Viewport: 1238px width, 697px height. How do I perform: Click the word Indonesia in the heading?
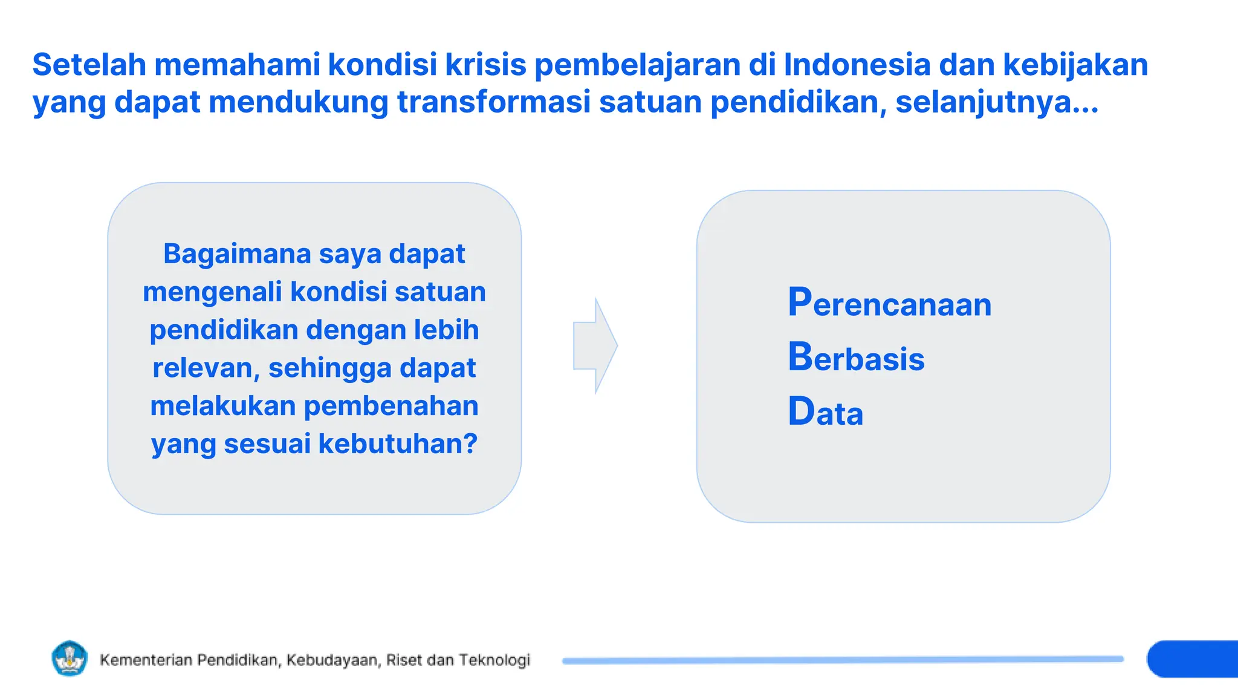pyautogui.click(x=857, y=65)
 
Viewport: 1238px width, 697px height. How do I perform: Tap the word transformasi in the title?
pyautogui.click(x=493, y=102)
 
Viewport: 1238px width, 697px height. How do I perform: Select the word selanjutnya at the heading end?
pyautogui.click(x=996, y=102)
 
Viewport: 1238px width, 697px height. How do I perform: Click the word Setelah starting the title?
pyautogui.click(x=89, y=65)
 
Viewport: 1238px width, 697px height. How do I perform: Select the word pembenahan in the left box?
pyautogui.click(x=391, y=406)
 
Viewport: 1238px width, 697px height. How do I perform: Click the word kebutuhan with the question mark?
pyautogui.click(x=398, y=444)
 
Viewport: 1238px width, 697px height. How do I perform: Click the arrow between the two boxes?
pyautogui.click(x=595, y=346)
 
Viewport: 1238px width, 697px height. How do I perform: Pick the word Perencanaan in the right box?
pyautogui.click(x=889, y=303)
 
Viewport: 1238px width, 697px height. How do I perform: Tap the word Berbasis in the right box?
pyautogui.click(x=856, y=358)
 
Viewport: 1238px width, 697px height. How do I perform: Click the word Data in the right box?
pyautogui.click(x=825, y=412)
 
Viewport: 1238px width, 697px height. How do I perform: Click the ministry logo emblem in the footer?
pyautogui.click(x=70, y=658)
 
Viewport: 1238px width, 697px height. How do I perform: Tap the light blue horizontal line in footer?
pyautogui.click(x=843, y=660)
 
